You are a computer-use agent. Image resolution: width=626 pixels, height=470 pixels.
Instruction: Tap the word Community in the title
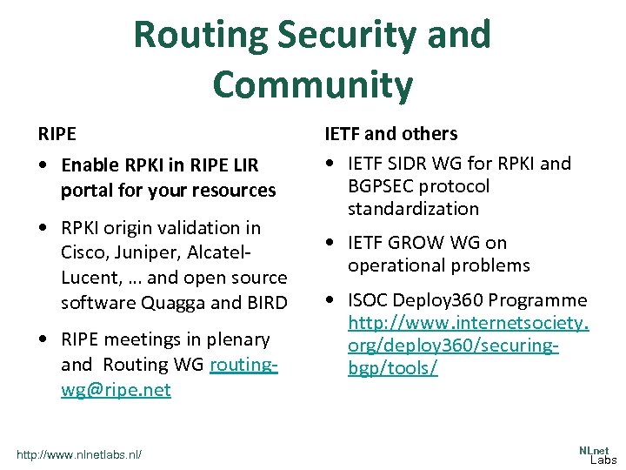point(312,84)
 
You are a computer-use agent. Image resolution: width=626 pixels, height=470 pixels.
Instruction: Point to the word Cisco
point(84,252)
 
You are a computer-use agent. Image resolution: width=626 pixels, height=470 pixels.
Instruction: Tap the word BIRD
point(267,303)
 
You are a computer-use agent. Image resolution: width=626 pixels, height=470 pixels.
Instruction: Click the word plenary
point(237,339)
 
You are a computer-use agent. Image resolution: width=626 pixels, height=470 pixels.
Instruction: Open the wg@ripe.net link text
point(116,390)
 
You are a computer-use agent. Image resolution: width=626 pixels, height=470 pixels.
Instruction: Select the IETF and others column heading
point(390,134)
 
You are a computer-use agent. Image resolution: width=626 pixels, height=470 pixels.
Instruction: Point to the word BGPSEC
point(382,186)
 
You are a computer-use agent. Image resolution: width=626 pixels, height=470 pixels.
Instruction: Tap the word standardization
point(413,209)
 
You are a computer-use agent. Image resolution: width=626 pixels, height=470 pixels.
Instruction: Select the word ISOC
point(370,301)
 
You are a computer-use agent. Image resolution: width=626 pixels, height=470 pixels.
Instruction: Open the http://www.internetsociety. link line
point(468,324)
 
